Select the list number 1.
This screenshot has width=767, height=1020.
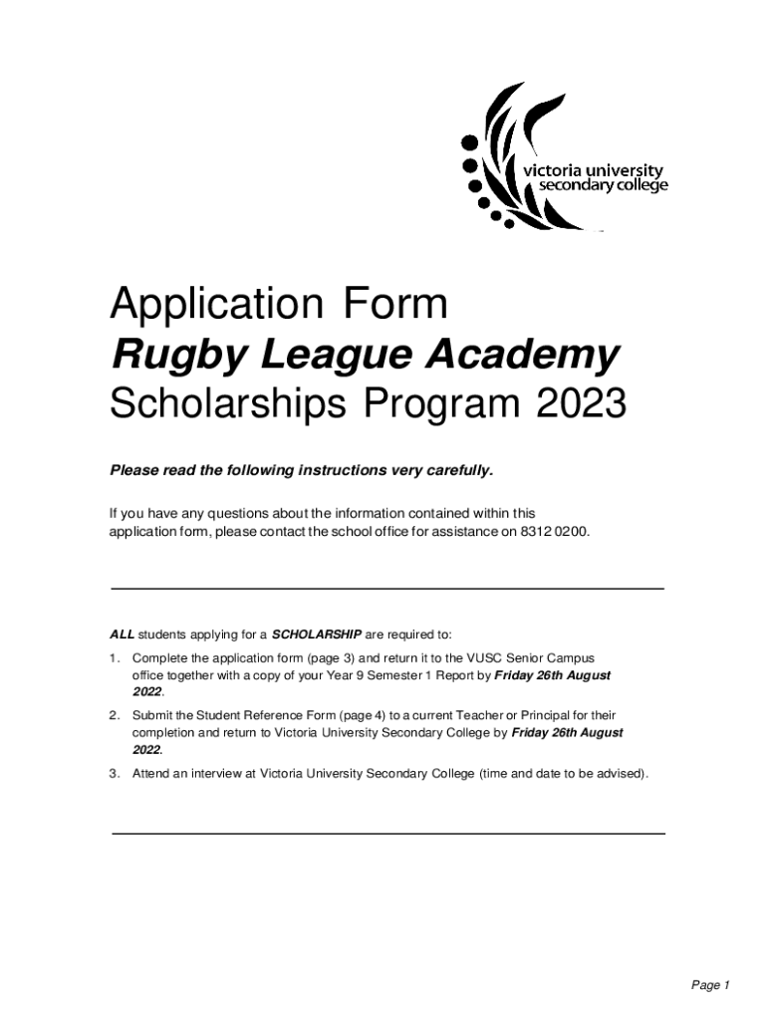[x=115, y=658]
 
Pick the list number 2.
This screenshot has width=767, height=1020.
[x=115, y=715]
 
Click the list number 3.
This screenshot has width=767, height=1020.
[x=115, y=772]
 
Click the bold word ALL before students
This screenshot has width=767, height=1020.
[x=122, y=634]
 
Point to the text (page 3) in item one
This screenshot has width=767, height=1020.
[x=329, y=658]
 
